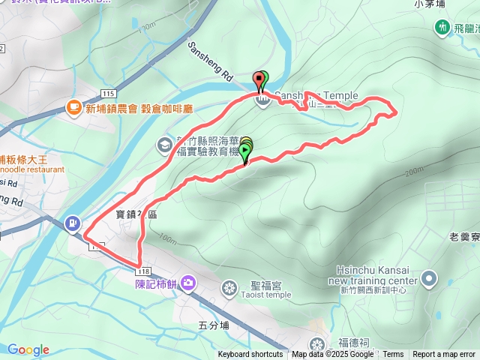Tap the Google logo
(28, 349)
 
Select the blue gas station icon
(72, 222)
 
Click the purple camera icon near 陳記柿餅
(187, 282)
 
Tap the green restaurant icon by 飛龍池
(442, 28)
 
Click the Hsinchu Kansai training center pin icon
(429, 279)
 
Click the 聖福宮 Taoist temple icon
(229, 287)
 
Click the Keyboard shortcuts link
(250, 355)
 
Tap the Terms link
(393, 355)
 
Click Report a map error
(444, 355)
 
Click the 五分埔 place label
(212, 325)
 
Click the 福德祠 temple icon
(318, 344)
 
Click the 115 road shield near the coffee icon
(107, 93)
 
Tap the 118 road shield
(145, 270)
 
